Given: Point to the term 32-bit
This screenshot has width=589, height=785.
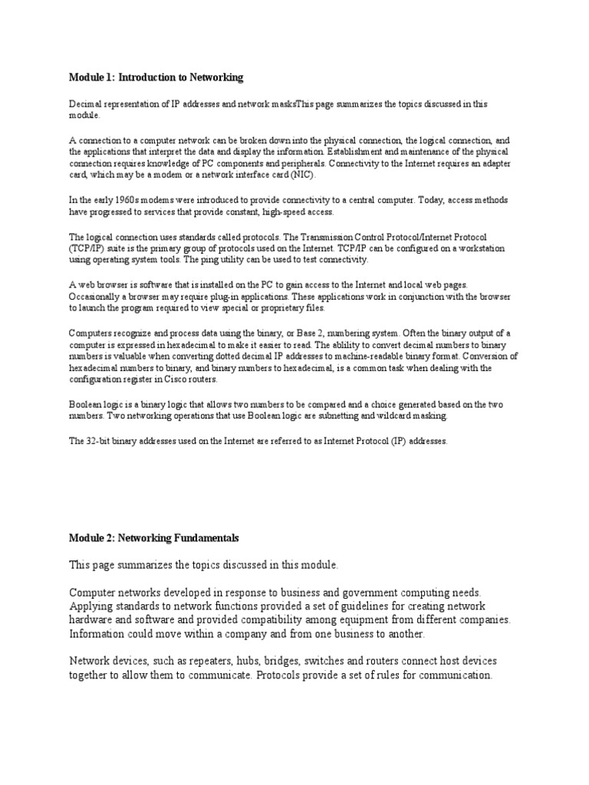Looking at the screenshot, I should point(100,441).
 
